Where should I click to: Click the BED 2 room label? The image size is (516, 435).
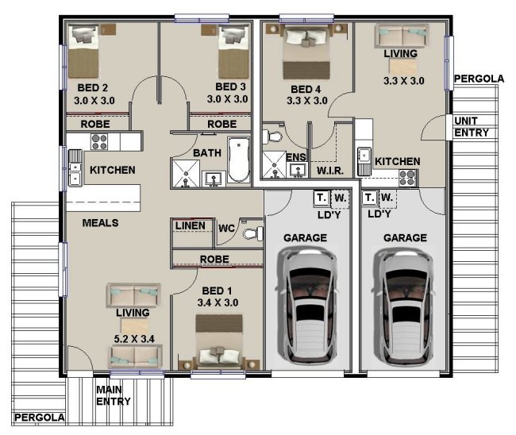click(x=92, y=88)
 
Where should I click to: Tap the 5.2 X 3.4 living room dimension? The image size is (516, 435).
click(x=134, y=339)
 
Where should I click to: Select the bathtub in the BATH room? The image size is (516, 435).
click(x=239, y=160)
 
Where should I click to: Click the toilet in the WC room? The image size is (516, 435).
click(x=253, y=233)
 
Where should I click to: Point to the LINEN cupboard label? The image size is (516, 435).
click(x=191, y=225)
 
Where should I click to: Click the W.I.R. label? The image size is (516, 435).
click(x=330, y=171)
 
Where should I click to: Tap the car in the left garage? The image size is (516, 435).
click(x=306, y=306)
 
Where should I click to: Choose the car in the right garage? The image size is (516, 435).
click(x=402, y=306)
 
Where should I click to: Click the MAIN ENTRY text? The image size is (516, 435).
click(x=114, y=395)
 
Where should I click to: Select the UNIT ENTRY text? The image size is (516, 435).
click(x=472, y=127)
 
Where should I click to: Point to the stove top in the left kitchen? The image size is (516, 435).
click(x=99, y=142)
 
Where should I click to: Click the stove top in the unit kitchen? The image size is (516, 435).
click(x=407, y=178)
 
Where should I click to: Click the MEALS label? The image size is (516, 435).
click(x=100, y=223)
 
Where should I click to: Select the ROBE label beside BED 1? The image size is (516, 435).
click(x=214, y=259)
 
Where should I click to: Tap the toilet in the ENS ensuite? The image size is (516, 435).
click(x=272, y=136)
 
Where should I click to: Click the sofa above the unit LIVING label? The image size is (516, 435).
click(x=402, y=36)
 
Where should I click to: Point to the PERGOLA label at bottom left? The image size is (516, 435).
click(x=39, y=418)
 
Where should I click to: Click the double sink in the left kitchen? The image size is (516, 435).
click(x=75, y=167)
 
